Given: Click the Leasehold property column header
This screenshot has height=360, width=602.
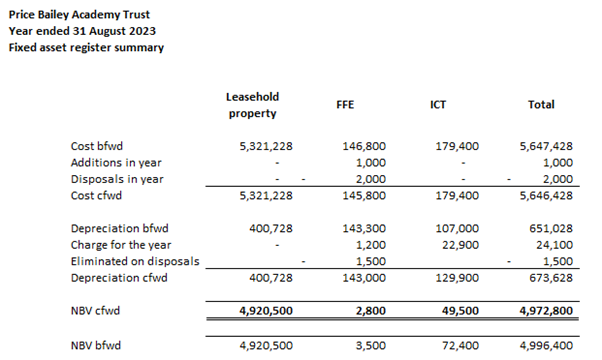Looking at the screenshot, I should coord(252,104).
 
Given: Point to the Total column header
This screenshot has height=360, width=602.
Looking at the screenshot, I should coord(541,104).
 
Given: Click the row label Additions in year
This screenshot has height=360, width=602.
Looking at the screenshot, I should coord(117,163).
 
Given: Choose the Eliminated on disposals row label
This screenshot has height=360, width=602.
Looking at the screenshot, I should coord(134,261).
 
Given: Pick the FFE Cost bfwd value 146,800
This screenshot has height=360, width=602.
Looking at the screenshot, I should coord(363,146).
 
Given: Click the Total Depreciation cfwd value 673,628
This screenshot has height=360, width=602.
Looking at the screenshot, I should coord(549,277).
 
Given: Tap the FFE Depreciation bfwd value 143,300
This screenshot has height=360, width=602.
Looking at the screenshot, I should coord(363,229).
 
